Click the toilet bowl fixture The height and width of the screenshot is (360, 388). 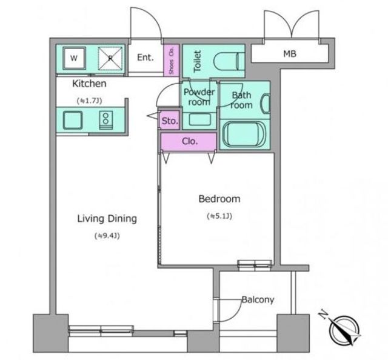[x=229, y=61]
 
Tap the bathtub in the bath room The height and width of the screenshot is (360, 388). [x=244, y=135]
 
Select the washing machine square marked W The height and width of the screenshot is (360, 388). [x=74, y=58]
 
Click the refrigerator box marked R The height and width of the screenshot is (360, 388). [x=110, y=58]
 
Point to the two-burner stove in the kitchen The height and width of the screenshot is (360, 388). [x=106, y=120]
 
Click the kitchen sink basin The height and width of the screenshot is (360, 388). [x=73, y=120]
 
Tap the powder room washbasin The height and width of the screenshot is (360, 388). [x=199, y=119]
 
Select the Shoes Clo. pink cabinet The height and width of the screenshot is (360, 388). [x=171, y=61]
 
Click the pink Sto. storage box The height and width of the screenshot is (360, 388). [x=170, y=121]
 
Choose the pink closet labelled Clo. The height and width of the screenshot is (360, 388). [x=189, y=142]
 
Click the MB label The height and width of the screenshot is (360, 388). [x=290, y=54]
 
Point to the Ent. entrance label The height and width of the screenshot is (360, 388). [x=145, y=58]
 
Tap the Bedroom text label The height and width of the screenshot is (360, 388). [x=219, y=199]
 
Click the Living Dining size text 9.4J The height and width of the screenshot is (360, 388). [x=107, y=236]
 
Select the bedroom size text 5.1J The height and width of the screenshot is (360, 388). [x=219, y=216]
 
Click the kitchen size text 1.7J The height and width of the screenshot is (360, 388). [x=89, y=101]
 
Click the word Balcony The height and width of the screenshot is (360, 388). [x=258, y=300]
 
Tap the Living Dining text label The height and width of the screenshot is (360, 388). [x=107, y=219]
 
